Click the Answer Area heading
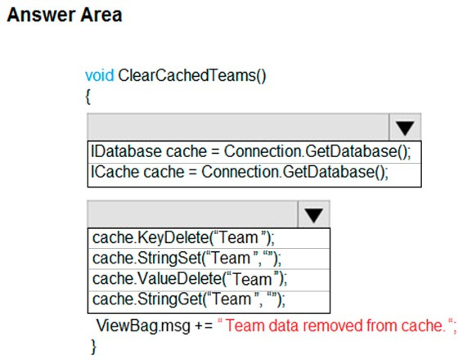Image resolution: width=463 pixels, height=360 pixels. (65, 15)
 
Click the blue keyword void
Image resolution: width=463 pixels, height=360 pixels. (99, 75)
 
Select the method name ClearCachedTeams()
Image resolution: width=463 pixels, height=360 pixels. (192, 75)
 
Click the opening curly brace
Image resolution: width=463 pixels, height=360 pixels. (88, 97)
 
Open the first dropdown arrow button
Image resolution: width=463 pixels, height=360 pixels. (405, 128)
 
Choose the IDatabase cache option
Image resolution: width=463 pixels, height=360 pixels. (250, 151)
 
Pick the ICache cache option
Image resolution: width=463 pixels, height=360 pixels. (239, 172)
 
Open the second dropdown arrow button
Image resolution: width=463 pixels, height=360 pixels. (313, 214)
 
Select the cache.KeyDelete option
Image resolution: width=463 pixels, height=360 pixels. (183, 238)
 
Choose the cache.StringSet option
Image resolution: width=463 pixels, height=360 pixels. (187, 258)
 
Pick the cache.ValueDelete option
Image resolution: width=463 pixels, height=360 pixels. (190, 279)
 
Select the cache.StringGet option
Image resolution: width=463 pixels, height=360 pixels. (189, 299)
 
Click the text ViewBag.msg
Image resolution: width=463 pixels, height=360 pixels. (143, 326)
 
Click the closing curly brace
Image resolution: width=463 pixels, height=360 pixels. (93, 346)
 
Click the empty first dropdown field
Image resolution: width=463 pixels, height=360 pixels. (238, 127)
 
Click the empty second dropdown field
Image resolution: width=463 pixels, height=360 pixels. (193, 214)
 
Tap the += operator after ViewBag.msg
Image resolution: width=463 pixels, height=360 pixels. (204, 326)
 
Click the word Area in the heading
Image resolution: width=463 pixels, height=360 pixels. (101, 15)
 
